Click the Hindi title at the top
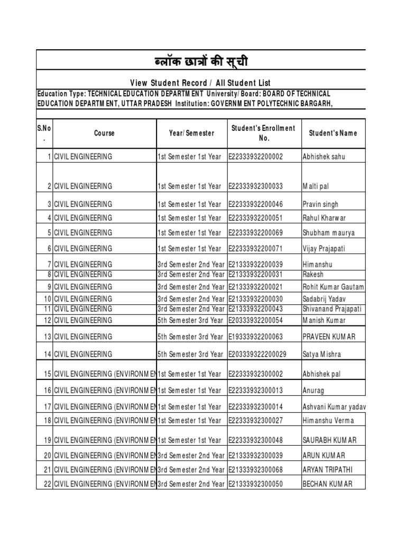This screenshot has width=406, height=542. click(200, 63)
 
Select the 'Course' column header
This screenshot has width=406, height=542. click(104, 133)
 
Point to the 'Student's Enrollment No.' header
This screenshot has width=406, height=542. click(263, 133)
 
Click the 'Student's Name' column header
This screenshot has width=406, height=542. click(333, 133)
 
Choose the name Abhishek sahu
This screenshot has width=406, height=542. click(322, 157)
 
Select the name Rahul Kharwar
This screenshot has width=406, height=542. click(325, 218)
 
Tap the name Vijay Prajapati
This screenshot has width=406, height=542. click(324, 249)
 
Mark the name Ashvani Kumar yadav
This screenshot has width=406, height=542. click(334, 407)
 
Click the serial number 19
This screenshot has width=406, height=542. click(48, 440)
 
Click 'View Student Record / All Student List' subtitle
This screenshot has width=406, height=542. click(200, 83)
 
